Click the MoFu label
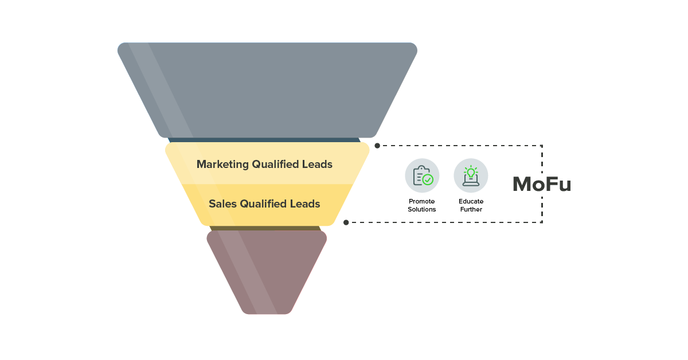[x=541, y=184]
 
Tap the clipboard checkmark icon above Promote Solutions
[x=422, y=175]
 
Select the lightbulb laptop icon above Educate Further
[x=471, y=175]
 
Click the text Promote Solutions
[x=422, y=205]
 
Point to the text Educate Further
[x=471, y=205]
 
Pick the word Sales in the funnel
[x=222, y=204]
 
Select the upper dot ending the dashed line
[x=377, y=146]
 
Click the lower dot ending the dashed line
[x=346, y=222]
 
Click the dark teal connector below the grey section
[x=264, y=140]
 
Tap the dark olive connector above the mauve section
[x=265, y=228]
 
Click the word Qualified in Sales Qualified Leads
[x=265, y=204]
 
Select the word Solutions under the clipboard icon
[x=422, y=209]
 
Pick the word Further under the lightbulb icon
[x=471, y=209]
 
